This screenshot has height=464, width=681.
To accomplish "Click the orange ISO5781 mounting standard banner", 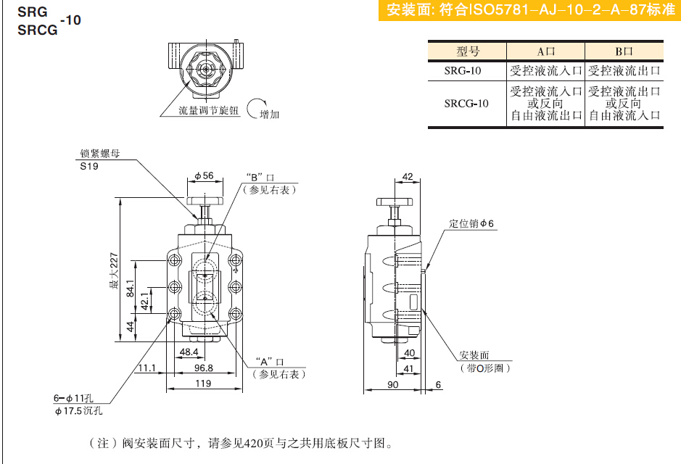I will click(528, 11).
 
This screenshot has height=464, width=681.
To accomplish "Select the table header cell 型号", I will click(468, 51).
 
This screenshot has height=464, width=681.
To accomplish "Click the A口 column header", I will click(545, 51).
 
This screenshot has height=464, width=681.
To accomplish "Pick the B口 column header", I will click(624, 51).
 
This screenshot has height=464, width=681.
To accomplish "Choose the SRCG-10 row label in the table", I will click(467, 104).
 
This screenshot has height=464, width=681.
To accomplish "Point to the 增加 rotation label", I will click(269, 115).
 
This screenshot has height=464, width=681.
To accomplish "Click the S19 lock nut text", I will click(88, 166).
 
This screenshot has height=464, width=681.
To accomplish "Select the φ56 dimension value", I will click(204, 175).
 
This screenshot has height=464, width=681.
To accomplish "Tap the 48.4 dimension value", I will click(189, 352).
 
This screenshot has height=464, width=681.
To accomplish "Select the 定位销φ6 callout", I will click(471, 223).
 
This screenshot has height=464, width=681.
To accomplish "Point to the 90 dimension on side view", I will click(392, 384).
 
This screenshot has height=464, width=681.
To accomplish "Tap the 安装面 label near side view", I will click(474, 356).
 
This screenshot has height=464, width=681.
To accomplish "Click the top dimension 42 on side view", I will click(407, 176).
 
